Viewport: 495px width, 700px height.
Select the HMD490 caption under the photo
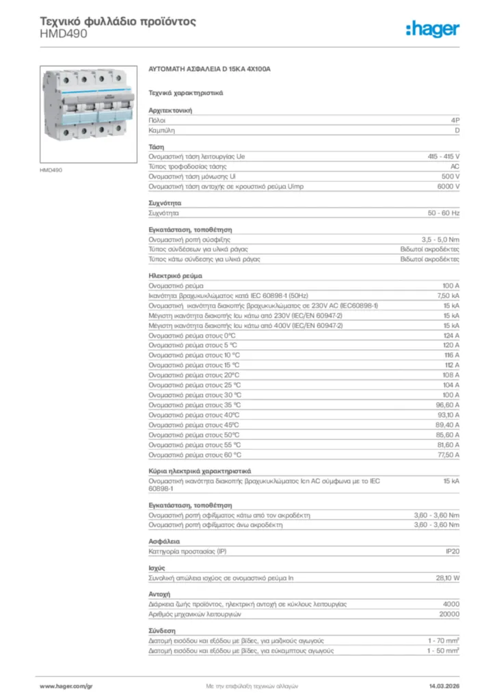51,170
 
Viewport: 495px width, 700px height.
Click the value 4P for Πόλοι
455,120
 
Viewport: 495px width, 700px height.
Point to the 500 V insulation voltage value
451,176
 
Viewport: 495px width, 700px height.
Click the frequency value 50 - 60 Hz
444,213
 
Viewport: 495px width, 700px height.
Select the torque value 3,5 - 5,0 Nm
441,240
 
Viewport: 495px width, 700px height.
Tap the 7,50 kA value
448,295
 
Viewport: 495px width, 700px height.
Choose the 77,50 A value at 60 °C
449,454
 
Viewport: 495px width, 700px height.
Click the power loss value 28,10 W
448,578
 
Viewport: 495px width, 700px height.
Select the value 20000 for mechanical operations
449,614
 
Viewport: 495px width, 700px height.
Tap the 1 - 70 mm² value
443,641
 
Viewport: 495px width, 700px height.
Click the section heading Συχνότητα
165,204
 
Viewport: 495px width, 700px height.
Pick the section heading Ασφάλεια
162,541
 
